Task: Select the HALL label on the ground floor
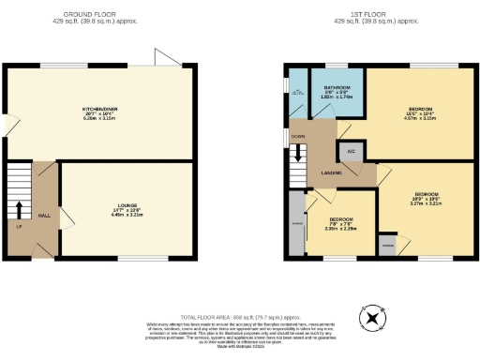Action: [44, 215]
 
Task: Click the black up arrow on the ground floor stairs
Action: [19, 207]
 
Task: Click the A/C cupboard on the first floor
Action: [352, 151]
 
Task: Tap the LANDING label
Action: [330, 173]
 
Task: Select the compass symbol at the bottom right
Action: [373, 319]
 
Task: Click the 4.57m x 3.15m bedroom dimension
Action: [420, 118]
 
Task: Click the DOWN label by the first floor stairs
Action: [299, 136]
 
